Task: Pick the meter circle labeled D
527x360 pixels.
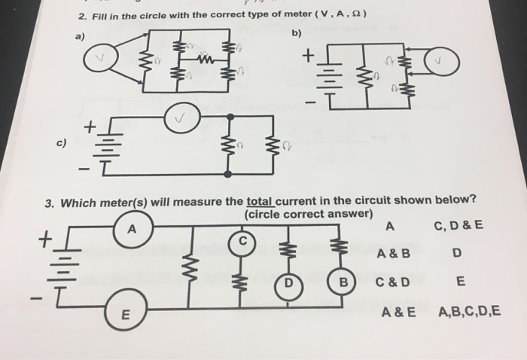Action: (x=288, y=285)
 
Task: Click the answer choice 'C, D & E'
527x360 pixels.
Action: (x=458, y=225)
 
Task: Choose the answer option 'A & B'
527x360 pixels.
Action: (x=395, y=253)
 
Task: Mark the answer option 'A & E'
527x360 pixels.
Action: (x=398, y=313)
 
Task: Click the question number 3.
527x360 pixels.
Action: (x=49, y=203)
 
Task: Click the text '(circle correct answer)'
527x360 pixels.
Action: (x=309, y=214)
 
